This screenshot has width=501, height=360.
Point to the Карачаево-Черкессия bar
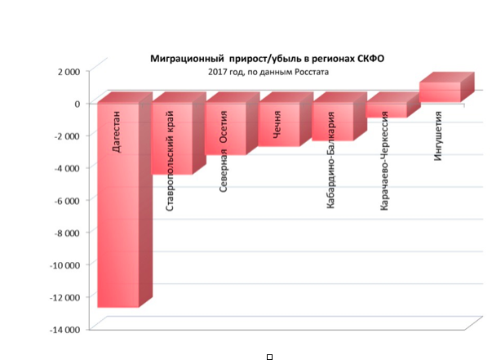pyautogui.click(x=385, y=110)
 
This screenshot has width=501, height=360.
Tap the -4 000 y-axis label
pyautogui.click(x=67, y=168)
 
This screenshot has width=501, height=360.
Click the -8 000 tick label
pyautogui.click(x=67, y=233)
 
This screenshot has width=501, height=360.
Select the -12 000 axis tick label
pyautogui.click(x=65, y=297)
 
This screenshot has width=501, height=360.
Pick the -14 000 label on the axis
pyautogui.click(x=65, y=329)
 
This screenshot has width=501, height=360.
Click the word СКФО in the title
pyautogui.click(x=369, y=60)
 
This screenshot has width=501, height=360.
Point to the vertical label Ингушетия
pyautogui.click(x=438, y=134)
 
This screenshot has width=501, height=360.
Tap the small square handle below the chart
pyautogui.click(x=269, y=356)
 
